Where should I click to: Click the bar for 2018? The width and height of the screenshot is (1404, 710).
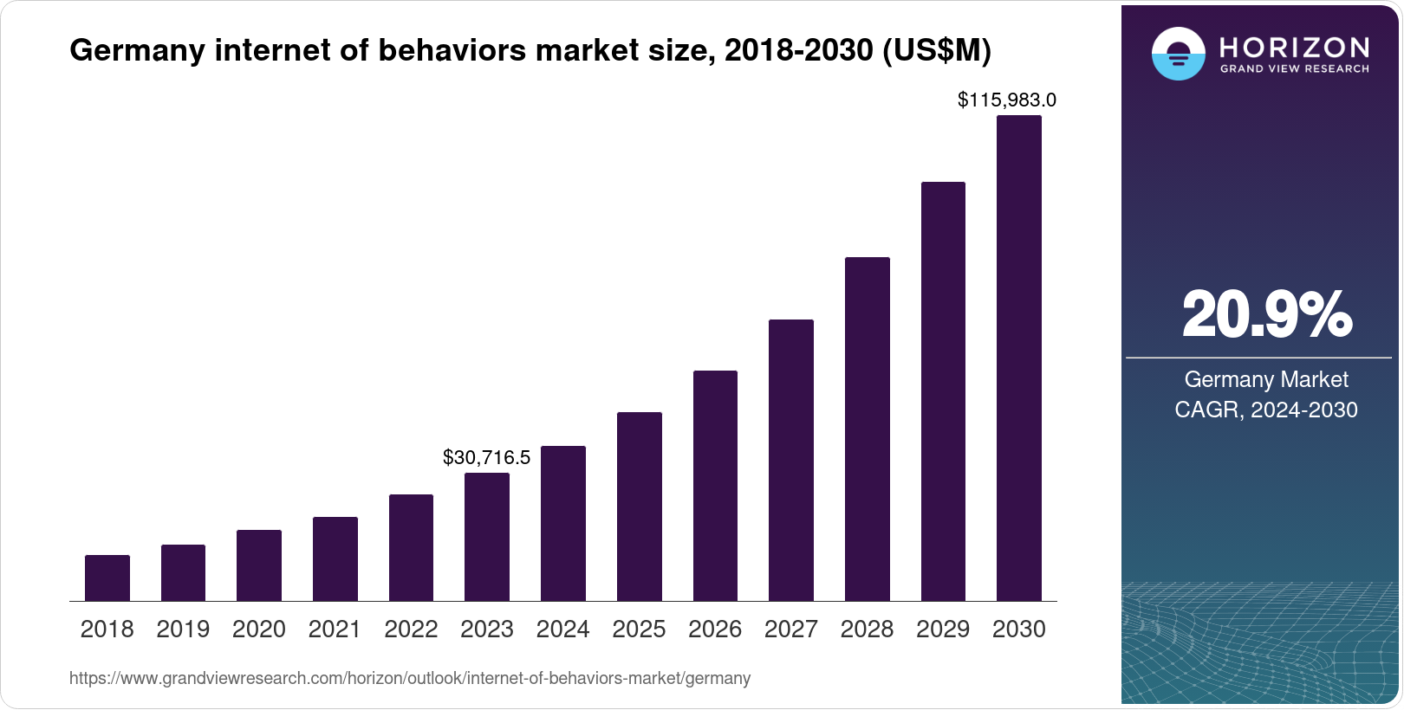tap(107, 578)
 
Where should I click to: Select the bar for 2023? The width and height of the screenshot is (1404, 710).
tap(487, 537)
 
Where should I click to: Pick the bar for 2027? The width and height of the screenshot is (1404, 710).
tap(790, 460)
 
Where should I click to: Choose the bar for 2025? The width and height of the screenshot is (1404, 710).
tap(639, 507)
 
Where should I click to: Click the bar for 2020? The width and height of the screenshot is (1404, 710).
tap(259, 565)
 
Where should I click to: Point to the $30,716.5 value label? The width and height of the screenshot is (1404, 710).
tap(486, 457)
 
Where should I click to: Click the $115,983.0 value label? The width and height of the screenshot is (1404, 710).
tap(1006, 100)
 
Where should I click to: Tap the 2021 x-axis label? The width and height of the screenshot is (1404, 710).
tap(335, 629)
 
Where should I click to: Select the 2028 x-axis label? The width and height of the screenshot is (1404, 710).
tap(867, 629)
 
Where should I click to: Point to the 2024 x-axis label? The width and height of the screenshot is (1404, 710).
tap(562, 629)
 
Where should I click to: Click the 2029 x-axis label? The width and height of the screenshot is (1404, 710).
tap(943, 629)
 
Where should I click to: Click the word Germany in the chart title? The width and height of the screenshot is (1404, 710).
tap(138, 51)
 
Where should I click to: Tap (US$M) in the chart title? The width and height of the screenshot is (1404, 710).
tap(936, 51)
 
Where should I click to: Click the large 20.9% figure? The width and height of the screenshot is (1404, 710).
tap(1266, 314)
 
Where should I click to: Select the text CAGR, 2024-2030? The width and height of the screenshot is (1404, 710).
tap(1266, 410)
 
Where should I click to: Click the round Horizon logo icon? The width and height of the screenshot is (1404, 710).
tap(1178, 55)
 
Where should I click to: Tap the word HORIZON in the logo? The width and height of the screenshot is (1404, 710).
tap(1294, 47)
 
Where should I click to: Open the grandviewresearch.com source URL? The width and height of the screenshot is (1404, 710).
tap(410, 678)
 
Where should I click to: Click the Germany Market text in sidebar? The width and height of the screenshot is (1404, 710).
tap(1266, 379)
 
